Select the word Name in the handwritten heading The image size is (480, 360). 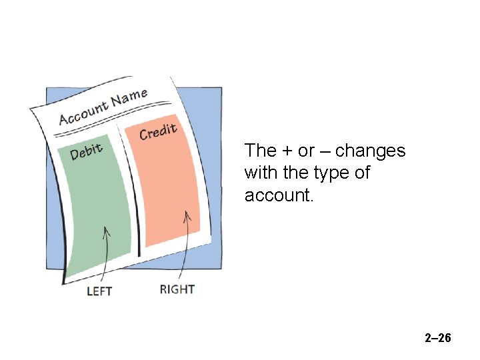click(129, 97)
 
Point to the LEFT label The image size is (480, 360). click(99, 291)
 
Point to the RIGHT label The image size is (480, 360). click(177, 289)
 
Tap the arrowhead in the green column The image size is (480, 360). click(105, 231)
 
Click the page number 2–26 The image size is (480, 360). click(438, 339)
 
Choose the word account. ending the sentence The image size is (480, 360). click(275, 195)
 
